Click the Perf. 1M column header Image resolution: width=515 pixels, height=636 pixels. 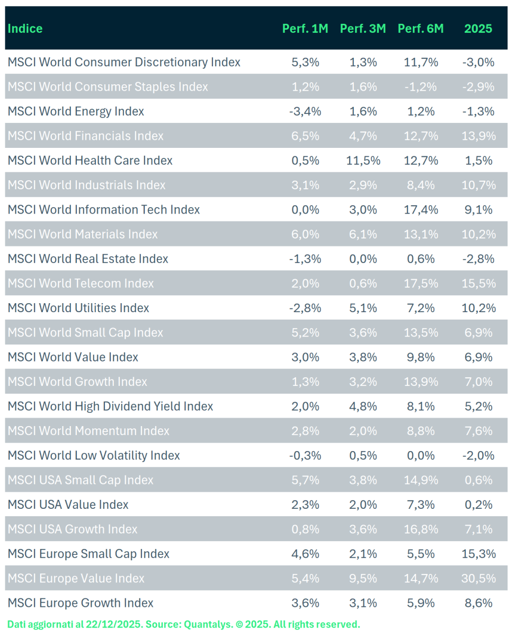[x=305, y=29]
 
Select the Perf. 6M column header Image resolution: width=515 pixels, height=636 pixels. [x=420, y=29]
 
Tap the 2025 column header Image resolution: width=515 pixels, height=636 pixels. [x=478, y=29]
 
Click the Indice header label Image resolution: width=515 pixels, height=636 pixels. [x=25, y=29]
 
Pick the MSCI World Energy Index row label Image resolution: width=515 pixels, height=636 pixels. [x=76, y=111]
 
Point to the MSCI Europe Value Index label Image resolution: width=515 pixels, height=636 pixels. [x=76, y=578]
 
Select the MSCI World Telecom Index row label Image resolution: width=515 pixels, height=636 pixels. [x=81, y=284]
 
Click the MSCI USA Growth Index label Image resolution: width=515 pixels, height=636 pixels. [x=72, y=529]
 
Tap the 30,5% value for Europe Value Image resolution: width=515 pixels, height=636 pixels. [x=478, y=578]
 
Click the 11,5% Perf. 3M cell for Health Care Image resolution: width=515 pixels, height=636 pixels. [x=363, y=161]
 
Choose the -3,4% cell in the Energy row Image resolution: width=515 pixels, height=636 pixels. [x=305, y=111]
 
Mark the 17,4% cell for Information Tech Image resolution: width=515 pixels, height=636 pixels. [x=420, y=210]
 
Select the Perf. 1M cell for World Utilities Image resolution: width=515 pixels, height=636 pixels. [x=305, y=308]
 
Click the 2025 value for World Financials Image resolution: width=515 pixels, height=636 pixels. [x=478, y=136]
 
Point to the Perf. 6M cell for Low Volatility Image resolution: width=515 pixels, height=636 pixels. [x=420, y=455]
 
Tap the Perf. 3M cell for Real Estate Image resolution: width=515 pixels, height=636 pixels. [x=363, y=259]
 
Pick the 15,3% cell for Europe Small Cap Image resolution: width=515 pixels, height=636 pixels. [x=478, y=554]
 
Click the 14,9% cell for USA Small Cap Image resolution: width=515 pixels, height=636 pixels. [x=420, y=480]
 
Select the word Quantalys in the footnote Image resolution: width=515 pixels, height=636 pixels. [x=207, y=624]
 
